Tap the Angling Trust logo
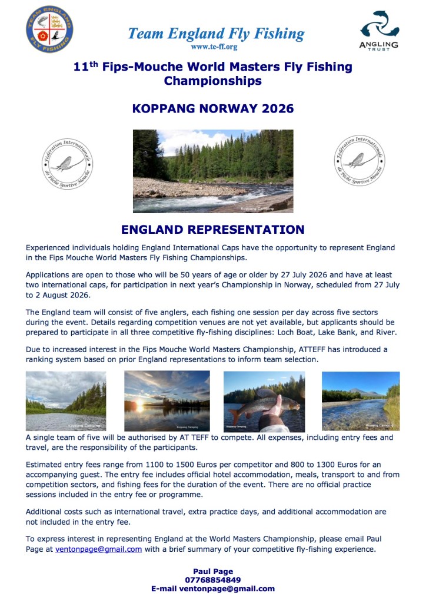click(379, 29)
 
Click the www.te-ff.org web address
click(214, 47)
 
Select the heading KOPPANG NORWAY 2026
click(213, 109)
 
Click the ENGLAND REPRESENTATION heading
click(212, 230)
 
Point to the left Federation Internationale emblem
click(66, 163)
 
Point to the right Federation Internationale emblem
click(359, 161)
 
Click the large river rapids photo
click(212, 171)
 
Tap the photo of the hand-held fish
click(264, 401)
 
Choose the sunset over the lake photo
click(167, 401)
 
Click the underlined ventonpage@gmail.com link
click(98, 549)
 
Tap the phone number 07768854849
click(213, 580)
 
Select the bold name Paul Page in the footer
click(213, 571)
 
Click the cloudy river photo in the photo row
click(66, 401)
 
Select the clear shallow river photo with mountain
click(360, 401)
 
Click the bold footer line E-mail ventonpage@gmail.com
click(213, 588)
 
